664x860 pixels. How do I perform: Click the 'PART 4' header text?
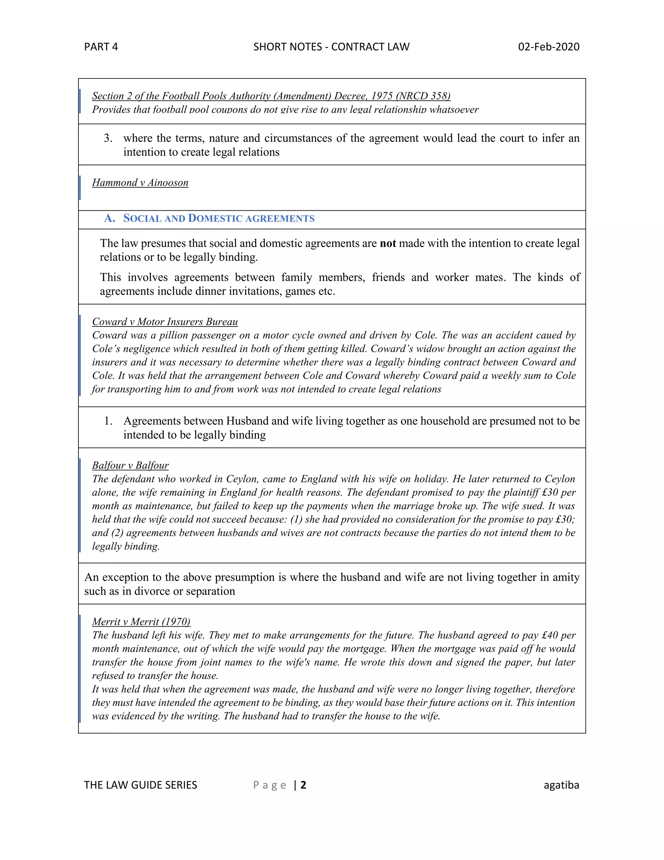pos(101,47)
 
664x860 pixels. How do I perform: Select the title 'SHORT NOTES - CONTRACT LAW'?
pos(331,47)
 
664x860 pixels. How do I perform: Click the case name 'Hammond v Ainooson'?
pos(140,183)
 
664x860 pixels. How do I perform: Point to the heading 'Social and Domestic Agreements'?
pos(219,218)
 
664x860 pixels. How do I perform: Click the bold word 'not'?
pos(387,243)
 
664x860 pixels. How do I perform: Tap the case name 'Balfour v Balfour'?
pos(130,465)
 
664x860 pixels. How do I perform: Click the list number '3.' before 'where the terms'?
pos(108,138)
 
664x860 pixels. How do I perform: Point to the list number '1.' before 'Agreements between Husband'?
pos(108,421)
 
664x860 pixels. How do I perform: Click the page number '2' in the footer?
pos(303,785)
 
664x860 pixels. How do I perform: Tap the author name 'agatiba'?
pos(561,785)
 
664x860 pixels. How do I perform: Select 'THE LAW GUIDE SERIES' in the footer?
pos(140,785)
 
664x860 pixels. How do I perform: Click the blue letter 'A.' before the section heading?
pos(109,218)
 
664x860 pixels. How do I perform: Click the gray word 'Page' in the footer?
pos(269,785)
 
